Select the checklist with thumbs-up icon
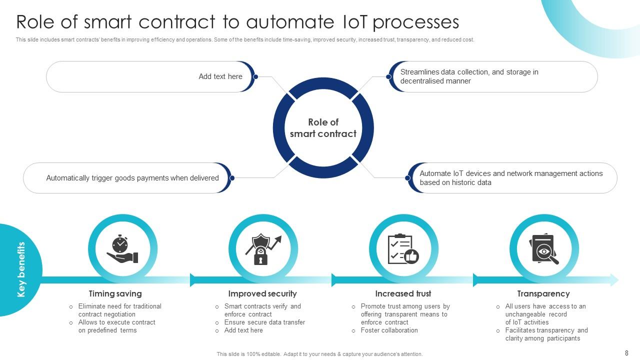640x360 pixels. (x=403, y=249)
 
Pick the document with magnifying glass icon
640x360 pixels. (x=544, y=249)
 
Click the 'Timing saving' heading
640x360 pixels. (x=115, y=294)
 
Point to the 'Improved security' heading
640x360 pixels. (x=262, y=294)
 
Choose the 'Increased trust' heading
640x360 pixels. (x=403, y=294)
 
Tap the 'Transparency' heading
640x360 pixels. (x=543, y=294)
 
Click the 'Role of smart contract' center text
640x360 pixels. (x=323, y=128)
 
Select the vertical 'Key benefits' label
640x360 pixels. (x=21, y=270)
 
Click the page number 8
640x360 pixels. (x=626, y=353)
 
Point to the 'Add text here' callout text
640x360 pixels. (x=220, y=76)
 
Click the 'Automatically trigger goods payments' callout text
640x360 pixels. (x=132, y=178)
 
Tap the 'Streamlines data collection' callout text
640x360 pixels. (x=469, y=76)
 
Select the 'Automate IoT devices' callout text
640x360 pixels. (x=511, y=178)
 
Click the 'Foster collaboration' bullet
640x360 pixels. (x=389, y=330)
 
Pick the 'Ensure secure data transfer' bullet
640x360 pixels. (x=264, y=322)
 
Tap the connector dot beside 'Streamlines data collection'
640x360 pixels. (x=388, y=76)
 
